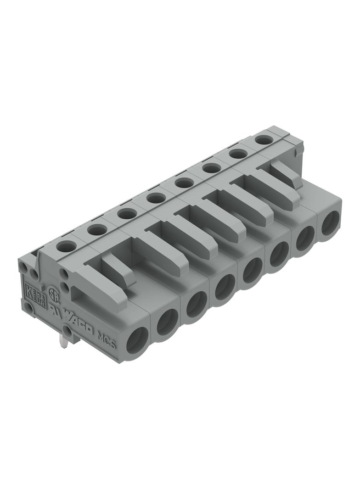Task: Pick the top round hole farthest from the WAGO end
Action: (263, 140)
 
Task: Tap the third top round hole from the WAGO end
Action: (127, 214)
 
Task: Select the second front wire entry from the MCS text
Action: (167, 323)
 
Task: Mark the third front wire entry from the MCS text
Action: (197, 305)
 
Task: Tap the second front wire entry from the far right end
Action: (304, 239)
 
